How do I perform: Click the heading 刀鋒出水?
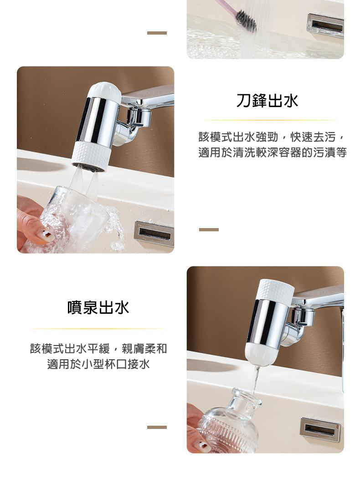[x=267, y=101]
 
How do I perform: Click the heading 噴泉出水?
[x=98, y=308]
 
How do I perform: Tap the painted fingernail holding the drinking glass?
[x=46, y=235]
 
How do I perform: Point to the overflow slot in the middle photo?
[x=154, y=234]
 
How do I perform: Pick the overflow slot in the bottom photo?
[x=320, y=429]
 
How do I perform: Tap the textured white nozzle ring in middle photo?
[x=91, y=155]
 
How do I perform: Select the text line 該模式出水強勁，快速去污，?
[x=273, y=137]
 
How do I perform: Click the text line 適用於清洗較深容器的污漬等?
[x=273, y=153]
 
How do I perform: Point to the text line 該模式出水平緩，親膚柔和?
[x=98, y=349]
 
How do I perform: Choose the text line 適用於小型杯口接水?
[x=98, y=364]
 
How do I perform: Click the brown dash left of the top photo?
[x=157, y=33]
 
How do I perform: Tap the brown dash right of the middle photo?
[x=209, y=229]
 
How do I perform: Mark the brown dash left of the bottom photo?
[x=157, y=427]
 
